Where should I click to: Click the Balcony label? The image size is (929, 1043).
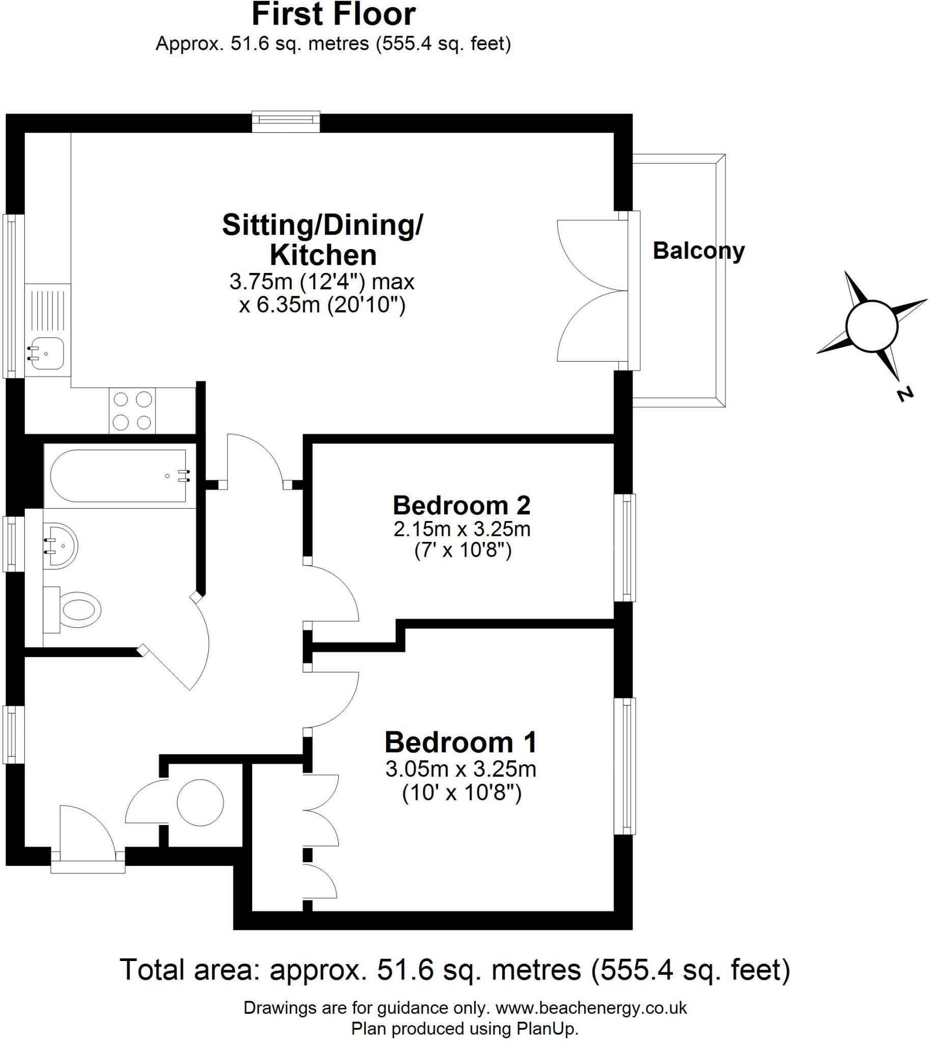pos(698,251)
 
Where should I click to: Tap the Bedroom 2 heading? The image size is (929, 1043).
pos(461,506)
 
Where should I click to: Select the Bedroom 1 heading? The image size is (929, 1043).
pos(460,743)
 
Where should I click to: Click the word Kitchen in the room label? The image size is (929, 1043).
pos(322,255)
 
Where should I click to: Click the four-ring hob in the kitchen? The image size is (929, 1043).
pos(132,411)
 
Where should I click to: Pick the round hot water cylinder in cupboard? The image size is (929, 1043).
pos(200,803)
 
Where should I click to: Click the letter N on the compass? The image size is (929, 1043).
pos(905,395)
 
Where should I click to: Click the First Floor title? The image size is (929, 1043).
pos(333,14)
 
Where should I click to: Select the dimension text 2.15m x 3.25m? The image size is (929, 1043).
pos(461,529)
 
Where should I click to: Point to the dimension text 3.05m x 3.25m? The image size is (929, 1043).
pos(460,769)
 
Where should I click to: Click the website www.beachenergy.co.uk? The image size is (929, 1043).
pos(591,1008)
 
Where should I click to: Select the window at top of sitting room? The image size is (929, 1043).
pos(286,121)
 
